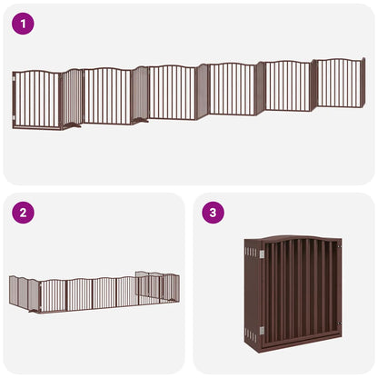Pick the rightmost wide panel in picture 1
pos(338,84)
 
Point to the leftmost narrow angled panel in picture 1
pos(72,98)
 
